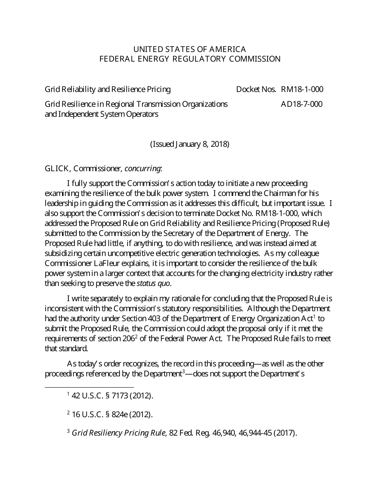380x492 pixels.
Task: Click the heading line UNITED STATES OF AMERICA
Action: [190, 49]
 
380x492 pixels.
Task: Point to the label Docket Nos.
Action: [256, 89]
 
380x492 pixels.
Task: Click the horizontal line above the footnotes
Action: [89, 387]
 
